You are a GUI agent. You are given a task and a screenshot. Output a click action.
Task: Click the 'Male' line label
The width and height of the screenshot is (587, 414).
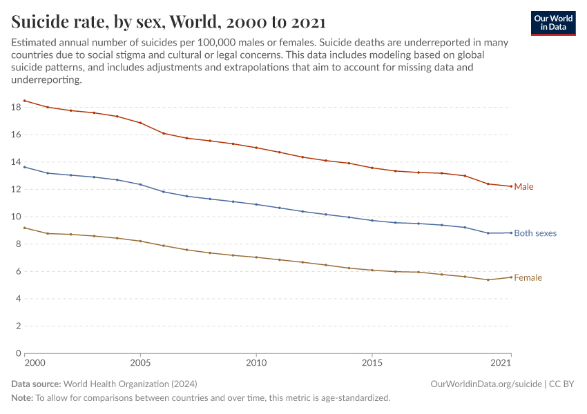pos(523,187)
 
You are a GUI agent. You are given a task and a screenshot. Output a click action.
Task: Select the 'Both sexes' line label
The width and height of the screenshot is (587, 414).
pos(535,233)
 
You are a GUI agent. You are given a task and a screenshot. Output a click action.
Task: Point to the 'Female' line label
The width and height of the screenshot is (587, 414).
pos(528,278)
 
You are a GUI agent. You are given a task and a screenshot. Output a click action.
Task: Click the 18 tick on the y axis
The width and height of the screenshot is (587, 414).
pos(16,107)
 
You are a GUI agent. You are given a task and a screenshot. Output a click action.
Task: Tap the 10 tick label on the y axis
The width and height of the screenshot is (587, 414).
pos(16,217)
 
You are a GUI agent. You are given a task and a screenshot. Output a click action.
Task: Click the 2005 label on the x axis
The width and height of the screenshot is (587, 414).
pos(140,363)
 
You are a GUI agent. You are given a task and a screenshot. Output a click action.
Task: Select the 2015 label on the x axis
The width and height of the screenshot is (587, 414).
pos(372,363)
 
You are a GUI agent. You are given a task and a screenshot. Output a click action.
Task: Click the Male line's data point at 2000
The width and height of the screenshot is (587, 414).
pos(24,101)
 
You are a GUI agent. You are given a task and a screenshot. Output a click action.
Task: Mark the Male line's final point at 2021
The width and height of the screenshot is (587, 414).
pos(511,186)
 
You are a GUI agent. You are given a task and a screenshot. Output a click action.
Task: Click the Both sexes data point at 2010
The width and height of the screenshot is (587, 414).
pos(256,204)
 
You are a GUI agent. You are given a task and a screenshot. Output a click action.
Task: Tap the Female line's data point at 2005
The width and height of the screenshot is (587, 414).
pos(140,241)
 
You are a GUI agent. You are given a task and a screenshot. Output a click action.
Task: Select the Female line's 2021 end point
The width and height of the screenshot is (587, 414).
pos(511,277)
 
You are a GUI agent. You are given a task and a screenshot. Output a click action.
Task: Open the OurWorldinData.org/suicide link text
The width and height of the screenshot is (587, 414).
pos(485,384)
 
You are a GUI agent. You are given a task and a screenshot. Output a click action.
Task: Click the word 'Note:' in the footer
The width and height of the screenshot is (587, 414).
pos(22,398)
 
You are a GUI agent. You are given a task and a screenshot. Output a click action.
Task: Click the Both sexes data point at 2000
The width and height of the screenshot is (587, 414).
pos(24,167)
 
